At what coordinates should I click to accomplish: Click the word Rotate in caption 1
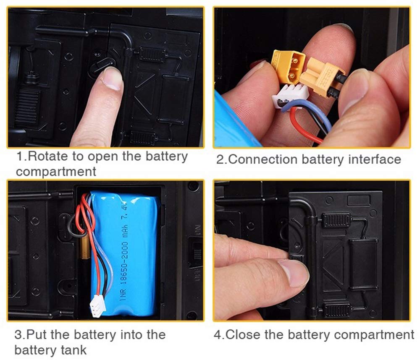(48, 156)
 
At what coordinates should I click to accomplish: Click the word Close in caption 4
(244, 334)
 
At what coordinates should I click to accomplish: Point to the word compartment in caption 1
(56, 171)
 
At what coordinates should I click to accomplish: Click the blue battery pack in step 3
(125, 253)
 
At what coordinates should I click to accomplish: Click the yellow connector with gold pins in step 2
(288, 65)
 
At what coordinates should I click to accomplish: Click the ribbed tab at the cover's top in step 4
(336, 220)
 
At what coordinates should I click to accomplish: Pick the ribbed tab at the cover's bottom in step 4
(336, 310)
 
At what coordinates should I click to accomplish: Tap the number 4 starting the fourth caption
(218, 334)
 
